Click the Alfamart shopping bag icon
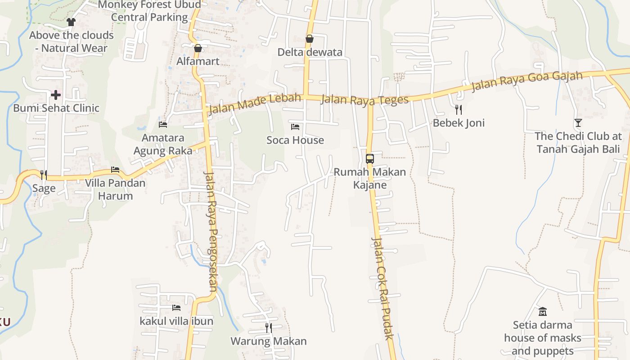198,48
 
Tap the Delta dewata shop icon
310,39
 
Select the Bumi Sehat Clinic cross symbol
56,95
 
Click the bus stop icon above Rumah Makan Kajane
369,159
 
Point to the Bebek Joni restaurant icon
459,109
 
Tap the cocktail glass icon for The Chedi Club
578,122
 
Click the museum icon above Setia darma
543,311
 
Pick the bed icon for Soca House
295,127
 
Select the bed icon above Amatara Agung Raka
163,124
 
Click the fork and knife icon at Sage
44,175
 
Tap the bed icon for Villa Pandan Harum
115,170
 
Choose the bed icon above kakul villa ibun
176,308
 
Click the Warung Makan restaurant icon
269,328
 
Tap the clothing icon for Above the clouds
71,22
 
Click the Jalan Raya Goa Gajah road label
527,81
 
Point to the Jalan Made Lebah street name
254,103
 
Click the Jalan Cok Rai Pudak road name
382,288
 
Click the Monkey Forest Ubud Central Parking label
149,11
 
